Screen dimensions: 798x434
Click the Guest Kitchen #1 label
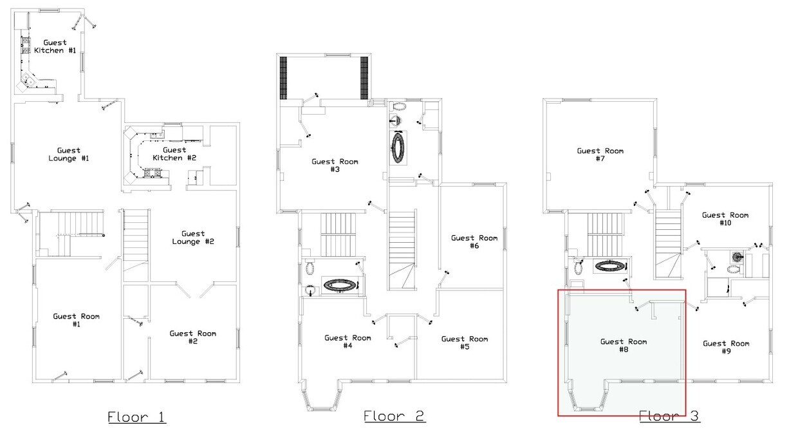click(55, 46)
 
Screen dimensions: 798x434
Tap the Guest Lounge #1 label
click(69, 155)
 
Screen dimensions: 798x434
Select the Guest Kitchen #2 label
click(174, 154)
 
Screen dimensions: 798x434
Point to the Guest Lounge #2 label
click(193, 238)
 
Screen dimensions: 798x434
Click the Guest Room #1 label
click(76, 320)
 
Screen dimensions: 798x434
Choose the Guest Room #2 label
click(192, 337)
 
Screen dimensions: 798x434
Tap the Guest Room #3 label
click(335, 165)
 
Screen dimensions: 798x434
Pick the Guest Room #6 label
click(474, 241)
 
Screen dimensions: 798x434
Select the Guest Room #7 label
click(600, 155)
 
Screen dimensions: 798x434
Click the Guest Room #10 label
click(725, 219)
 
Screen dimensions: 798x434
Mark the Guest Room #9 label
click(726, 347)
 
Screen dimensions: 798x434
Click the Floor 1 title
click(136, 417)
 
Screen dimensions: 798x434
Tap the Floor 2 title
click(394, 416)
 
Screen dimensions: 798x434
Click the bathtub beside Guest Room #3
click(398, 147)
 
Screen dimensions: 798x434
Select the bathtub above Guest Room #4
click(340, 285)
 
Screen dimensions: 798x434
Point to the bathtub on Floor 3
click(610, 266)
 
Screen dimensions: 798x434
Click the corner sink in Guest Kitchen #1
click(28, 80)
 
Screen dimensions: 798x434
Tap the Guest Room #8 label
click(624, 345)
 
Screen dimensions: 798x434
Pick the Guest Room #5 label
click(465, 343)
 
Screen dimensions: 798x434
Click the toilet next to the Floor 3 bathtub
click(578, 267)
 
